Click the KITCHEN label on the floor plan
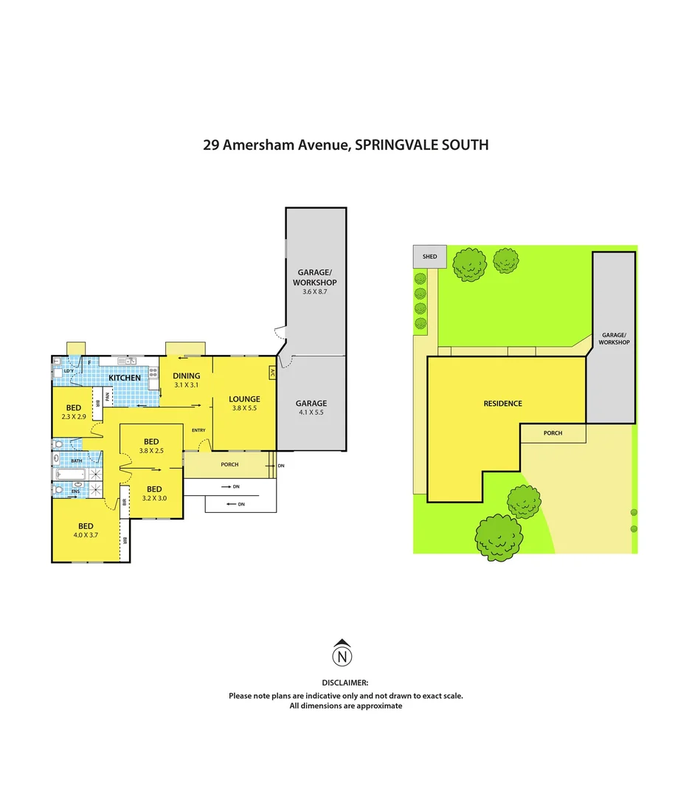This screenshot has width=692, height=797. (125, 378)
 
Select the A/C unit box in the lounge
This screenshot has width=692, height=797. (272, 373)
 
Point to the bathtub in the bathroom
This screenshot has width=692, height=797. (77, 475)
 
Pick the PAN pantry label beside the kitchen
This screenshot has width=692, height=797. (108, 396)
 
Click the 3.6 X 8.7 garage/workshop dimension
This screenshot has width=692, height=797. (314, 292)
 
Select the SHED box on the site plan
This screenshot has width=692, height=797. (429, 257)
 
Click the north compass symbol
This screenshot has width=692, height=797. (342, 655)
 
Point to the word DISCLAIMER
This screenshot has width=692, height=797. (345, 684)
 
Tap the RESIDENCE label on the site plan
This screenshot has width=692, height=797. (502, 403)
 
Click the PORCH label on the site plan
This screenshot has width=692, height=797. (553, 433)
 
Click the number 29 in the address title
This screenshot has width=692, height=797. (211, 145)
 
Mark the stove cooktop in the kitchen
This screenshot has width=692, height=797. (153, 373)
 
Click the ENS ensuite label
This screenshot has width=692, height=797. (75, 490)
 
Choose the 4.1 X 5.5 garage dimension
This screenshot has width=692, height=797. (311, 413)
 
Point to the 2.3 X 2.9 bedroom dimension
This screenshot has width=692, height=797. (73, 417)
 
